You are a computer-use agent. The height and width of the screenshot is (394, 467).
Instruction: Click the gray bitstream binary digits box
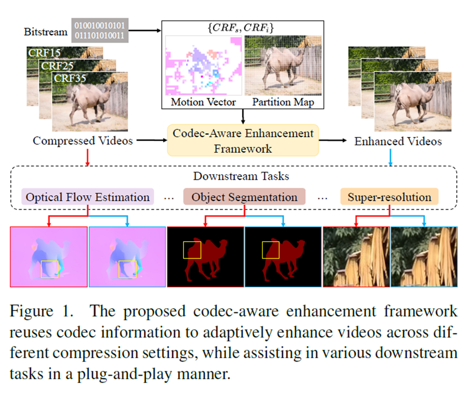100,30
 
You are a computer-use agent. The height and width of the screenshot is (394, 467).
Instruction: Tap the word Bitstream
46,32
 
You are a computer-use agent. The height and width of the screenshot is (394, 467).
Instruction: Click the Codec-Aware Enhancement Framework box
243,140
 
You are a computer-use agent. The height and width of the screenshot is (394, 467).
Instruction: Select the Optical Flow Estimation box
88,197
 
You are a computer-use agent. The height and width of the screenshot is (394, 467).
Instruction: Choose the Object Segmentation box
244,197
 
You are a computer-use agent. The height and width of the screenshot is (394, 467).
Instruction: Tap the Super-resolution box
389,197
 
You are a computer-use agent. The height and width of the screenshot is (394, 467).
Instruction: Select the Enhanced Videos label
398,141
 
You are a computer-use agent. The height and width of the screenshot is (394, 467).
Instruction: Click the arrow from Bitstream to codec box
145,30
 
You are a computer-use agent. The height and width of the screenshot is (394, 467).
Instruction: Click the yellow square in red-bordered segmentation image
192,250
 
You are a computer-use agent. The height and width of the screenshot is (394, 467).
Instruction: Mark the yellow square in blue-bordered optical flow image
128,269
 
